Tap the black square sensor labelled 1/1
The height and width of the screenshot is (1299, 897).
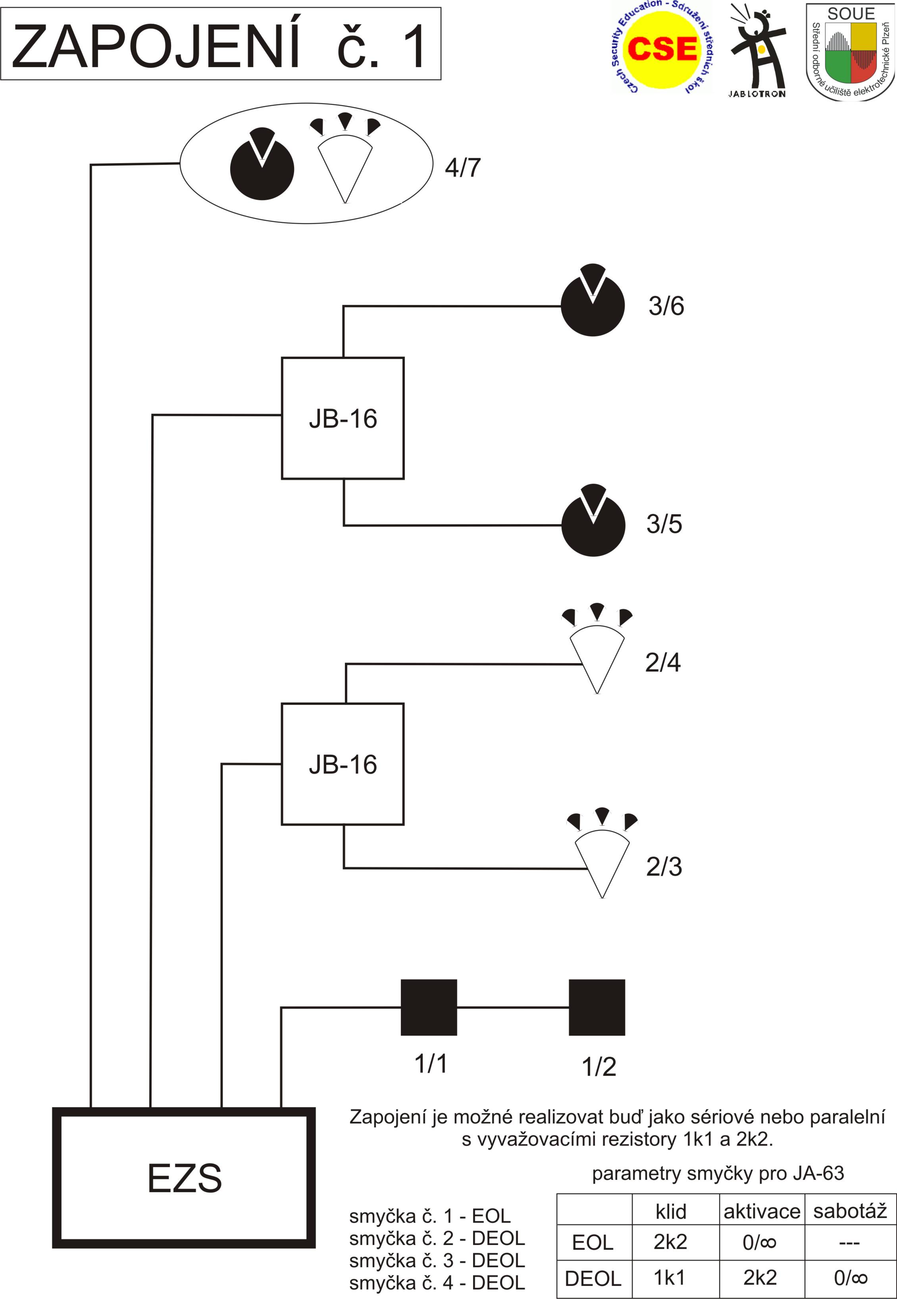[x=428, y=1007]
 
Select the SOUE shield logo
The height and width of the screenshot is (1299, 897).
[x=850, y=52]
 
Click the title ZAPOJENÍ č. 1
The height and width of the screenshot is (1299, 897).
[x=220, y=45]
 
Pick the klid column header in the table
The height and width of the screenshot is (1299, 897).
[x=670, y=1211]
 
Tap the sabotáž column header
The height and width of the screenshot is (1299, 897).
[x=849, y=1211]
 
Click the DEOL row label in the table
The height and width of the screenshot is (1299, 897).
[x=593, y=1278]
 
